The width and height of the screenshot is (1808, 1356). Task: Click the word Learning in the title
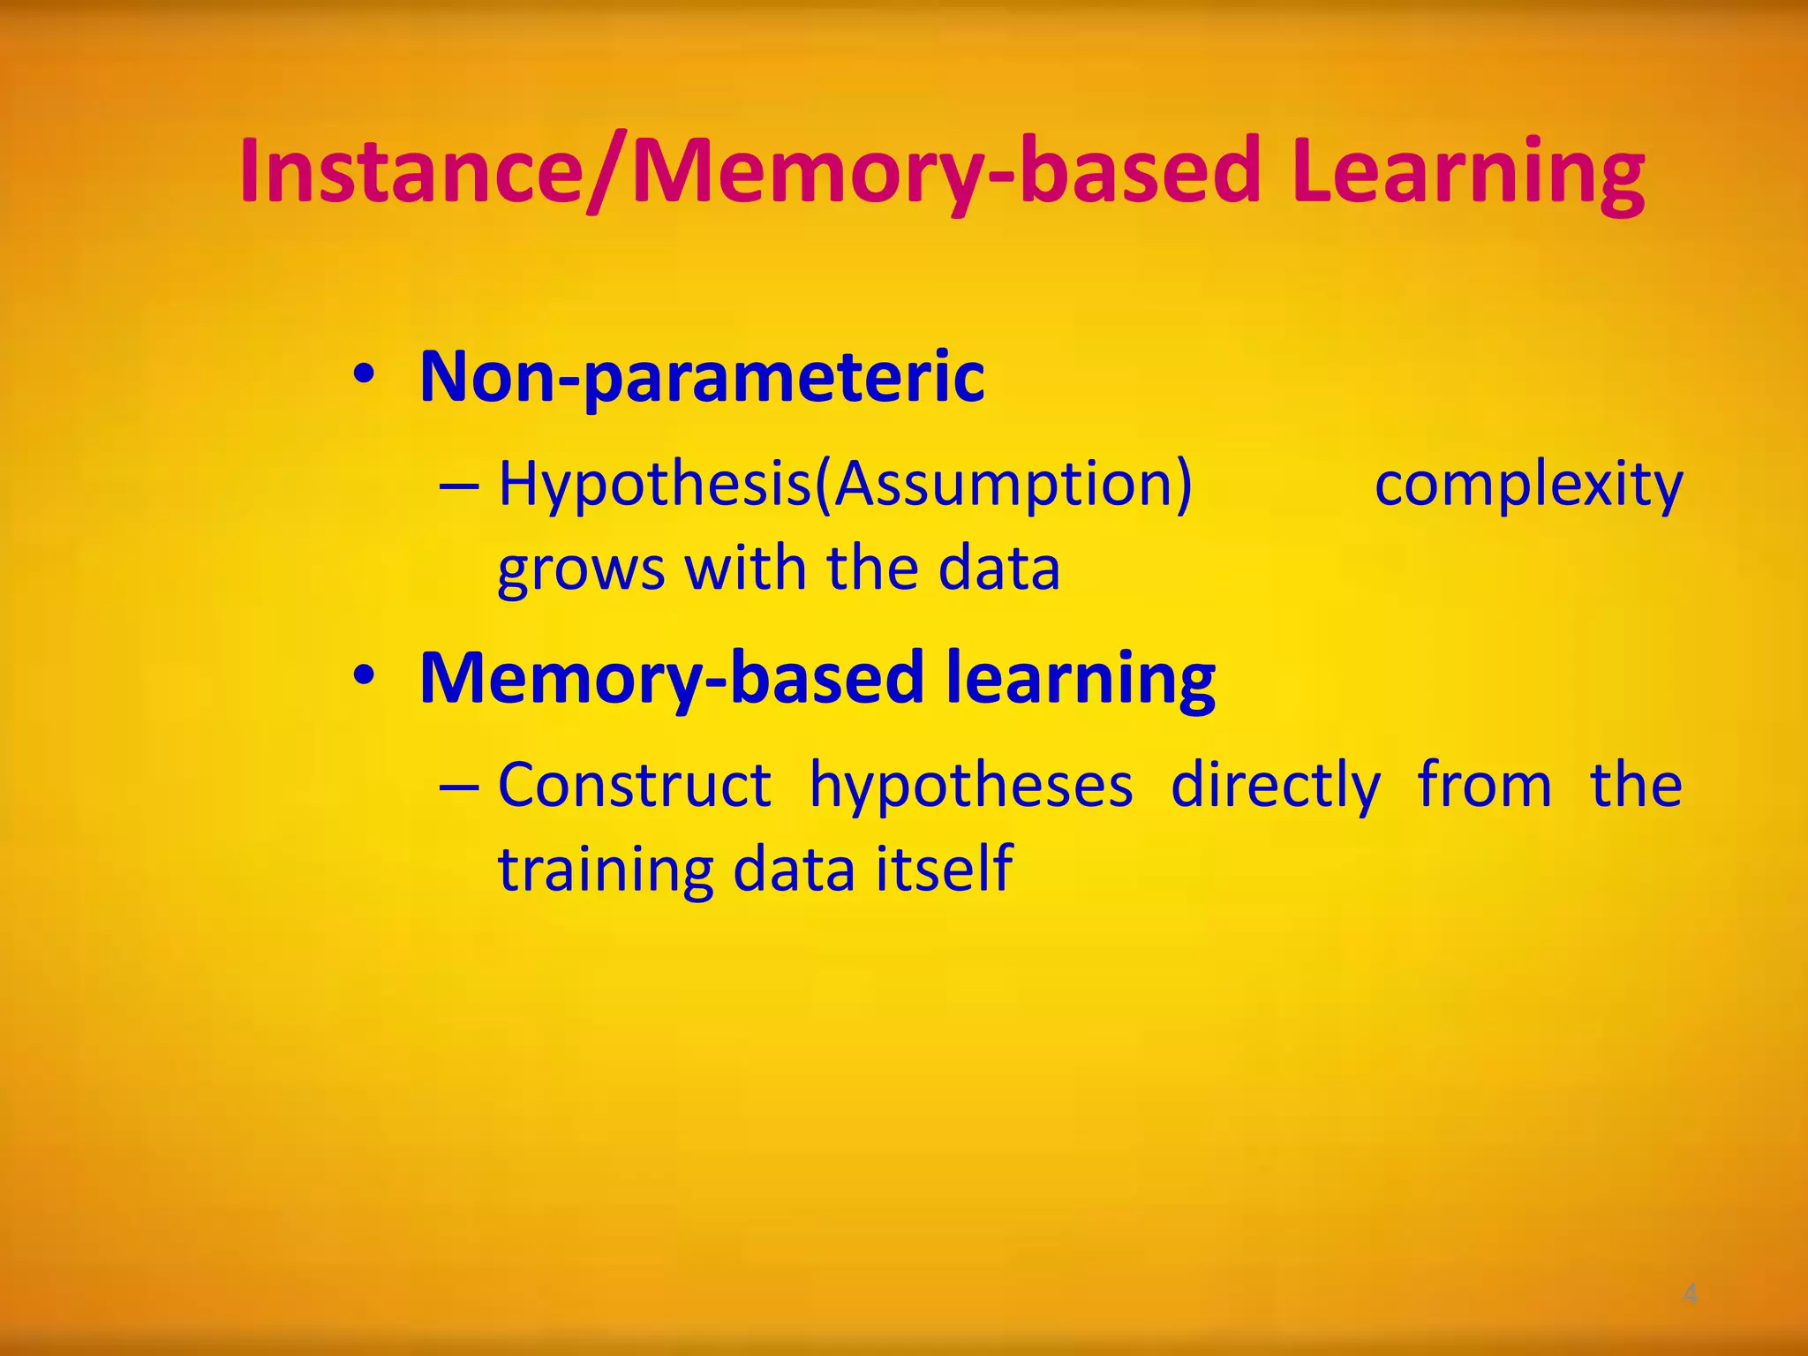1466,172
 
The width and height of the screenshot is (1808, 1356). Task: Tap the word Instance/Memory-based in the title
750,172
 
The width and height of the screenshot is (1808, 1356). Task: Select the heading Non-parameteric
702,378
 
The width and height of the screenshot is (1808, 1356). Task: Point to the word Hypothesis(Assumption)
845,486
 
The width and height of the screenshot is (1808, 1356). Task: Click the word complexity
1528,486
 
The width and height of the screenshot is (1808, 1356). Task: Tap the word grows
581,569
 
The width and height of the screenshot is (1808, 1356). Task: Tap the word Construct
635,785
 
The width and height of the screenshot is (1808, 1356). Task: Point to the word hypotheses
971,787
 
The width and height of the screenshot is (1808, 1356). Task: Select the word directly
1275,787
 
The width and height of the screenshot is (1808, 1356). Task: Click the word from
1484,785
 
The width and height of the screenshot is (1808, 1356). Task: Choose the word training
605,870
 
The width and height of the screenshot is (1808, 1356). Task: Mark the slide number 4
1690,1295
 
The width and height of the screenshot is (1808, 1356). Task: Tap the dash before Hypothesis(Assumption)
459,486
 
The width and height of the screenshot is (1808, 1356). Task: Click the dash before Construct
459,787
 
